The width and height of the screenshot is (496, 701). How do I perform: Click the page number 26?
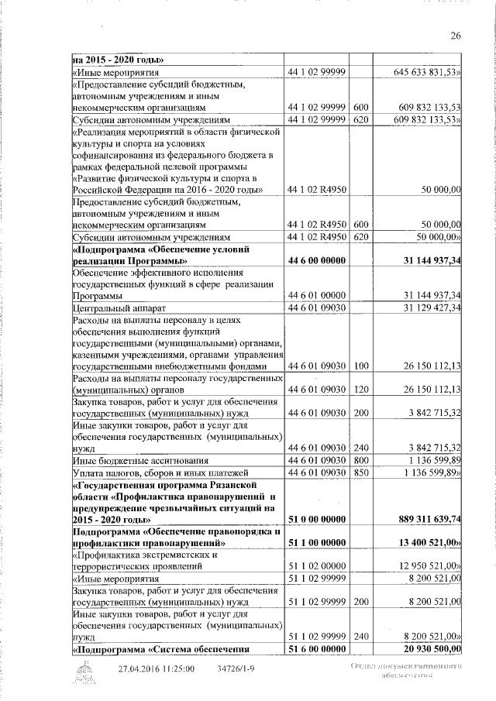[456, 35]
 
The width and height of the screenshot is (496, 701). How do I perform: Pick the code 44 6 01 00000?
[316, 296]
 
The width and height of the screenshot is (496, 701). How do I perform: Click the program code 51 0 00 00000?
[316, 519]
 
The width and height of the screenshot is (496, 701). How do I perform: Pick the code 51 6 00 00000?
[316, 649]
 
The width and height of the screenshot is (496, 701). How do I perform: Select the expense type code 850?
[360, 472]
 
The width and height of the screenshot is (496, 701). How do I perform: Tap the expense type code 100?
[360, 366]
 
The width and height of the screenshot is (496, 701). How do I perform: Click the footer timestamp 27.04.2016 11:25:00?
[156, 668]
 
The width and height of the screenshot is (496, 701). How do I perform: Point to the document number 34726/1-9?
[237, 668]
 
